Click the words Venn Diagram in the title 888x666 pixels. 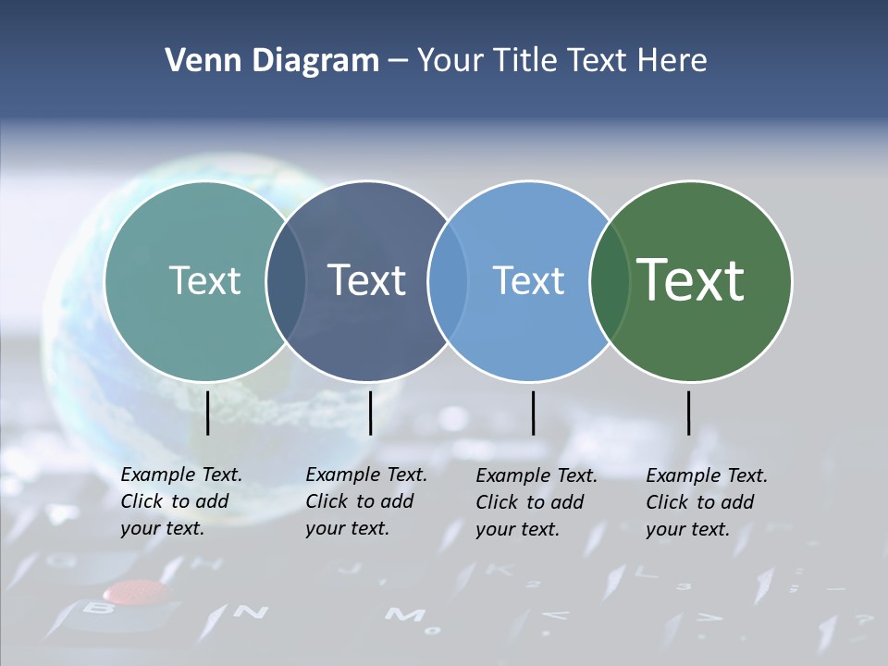point(272,61)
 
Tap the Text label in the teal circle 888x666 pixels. point(204,280)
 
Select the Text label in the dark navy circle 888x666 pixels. point(367,280)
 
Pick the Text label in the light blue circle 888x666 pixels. point(529,280)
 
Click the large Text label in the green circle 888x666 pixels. point(691,279)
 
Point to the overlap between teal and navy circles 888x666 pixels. point(286,280)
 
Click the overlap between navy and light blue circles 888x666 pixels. point(448,280)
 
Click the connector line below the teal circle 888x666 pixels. point(207,413)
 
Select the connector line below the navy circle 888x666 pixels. point(370,413)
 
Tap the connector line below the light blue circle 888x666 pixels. point(533,413)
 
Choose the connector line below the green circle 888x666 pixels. point(689,413)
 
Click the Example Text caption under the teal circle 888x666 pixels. point(181,501)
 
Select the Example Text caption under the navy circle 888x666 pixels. point(366,501)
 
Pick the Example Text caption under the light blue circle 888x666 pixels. point(536,502)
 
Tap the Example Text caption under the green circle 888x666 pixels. point(707,502)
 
